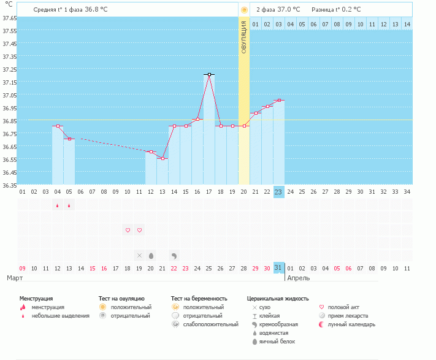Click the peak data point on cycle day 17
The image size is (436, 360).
(209, 75)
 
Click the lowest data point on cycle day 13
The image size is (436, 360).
(163, 159)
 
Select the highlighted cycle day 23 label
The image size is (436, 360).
(278, 192)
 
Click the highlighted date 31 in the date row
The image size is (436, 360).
(278, 267)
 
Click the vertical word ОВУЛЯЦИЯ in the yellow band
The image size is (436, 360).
(244, 37)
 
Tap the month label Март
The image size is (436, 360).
(15, 278)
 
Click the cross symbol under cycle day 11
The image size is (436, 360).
(139, 255)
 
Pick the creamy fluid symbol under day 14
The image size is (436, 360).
(174, 255)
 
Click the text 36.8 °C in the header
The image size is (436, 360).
(100, 10)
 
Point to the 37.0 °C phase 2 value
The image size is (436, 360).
(289, 10)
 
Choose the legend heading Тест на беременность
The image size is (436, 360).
(203, 298)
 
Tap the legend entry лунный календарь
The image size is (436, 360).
(351, 324)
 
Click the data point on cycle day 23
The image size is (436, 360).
(278, 101)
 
